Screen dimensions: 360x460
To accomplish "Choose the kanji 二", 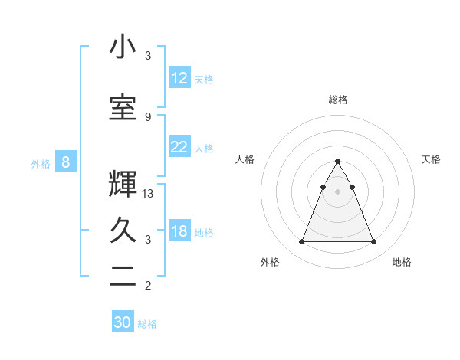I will pos(123,277).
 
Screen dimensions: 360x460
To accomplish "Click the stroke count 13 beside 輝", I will pos(148,194).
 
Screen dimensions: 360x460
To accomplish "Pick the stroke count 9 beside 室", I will pos(148,116).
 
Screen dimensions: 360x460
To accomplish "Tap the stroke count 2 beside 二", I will pos(148,286).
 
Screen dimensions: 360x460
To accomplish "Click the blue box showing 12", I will pos(179,78).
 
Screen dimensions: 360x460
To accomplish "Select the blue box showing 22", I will pos(179,147).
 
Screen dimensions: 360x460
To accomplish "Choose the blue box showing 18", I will pos(179,231).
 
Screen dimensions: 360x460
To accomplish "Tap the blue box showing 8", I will pos(66,162).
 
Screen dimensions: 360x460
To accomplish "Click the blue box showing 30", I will pos(123,322).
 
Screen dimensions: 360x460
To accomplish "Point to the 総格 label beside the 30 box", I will pos(147,324).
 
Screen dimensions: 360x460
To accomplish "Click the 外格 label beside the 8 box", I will pos(41,163).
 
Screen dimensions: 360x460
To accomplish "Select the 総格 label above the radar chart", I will pos(337,100).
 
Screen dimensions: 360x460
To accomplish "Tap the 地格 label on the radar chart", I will pos(402,262).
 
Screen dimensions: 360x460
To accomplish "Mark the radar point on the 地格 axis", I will pos(373,242).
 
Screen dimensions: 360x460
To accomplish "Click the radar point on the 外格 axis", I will pos(301,242).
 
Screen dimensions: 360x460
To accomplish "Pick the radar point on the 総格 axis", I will pos(337,162).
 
